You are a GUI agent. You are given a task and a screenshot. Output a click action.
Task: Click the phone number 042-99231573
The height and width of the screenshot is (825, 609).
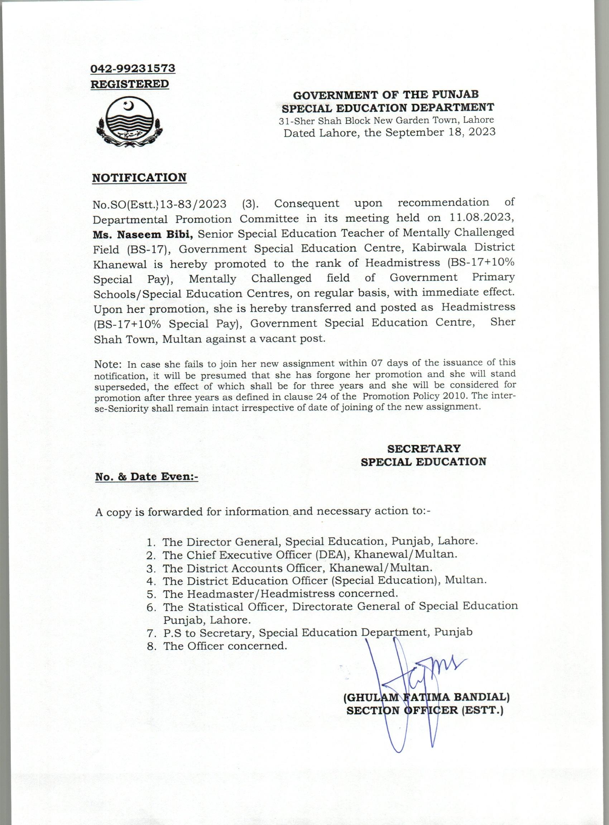click(133, 68)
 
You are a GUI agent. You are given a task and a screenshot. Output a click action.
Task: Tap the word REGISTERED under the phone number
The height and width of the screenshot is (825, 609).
click(130, 84)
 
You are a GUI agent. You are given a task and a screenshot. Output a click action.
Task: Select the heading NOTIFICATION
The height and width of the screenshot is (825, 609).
click(139, 178)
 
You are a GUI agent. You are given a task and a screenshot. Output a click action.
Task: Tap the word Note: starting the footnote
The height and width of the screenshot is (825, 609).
click(107, 364)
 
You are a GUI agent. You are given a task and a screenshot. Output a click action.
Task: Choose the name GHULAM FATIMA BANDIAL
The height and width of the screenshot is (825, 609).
click(426, 697)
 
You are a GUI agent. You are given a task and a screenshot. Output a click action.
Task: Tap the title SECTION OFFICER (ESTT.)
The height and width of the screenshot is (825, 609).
click(425, 710)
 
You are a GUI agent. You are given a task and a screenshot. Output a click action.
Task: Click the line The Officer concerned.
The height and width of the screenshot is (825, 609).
click(225, 646)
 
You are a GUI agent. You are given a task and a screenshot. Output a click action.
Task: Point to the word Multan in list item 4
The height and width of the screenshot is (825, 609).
click(465, 580)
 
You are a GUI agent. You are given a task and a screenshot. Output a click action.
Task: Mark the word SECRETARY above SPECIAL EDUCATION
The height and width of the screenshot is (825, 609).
click(423, 448)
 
